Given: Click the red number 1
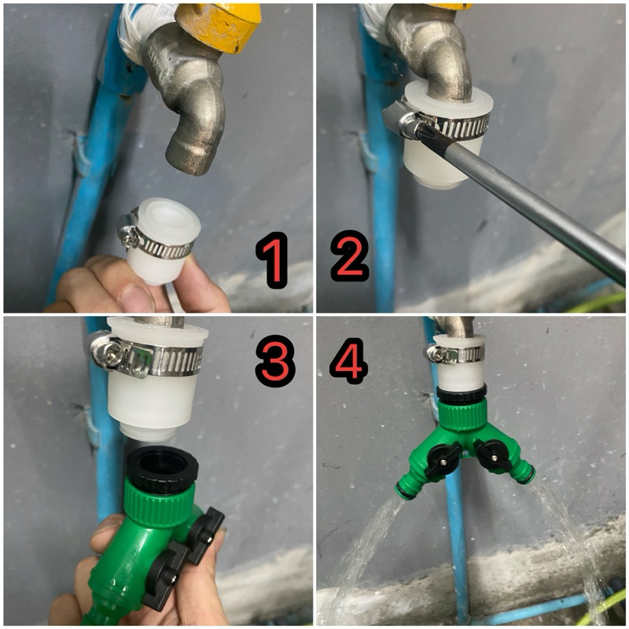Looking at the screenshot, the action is pos(272,260).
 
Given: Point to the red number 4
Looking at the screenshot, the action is pos(349,360).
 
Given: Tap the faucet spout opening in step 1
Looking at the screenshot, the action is pos(189,163).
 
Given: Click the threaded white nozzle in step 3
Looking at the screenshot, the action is pos(148,432).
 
